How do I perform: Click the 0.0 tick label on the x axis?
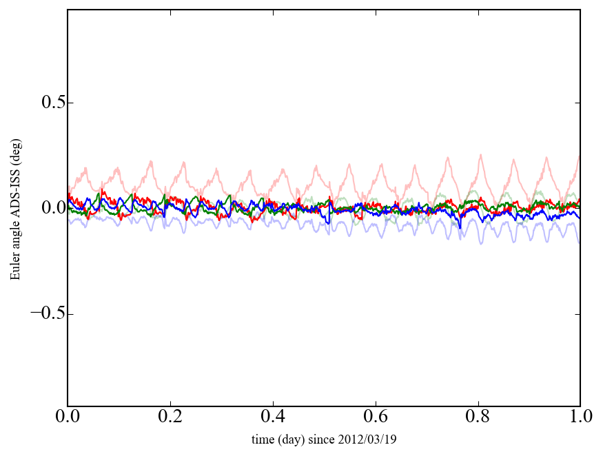pos(68,417)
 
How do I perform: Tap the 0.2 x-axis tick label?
pos(170,417)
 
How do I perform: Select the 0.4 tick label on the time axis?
pos(273,417)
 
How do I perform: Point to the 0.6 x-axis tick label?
pos(376,417)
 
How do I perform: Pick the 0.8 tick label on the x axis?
pos(478,417)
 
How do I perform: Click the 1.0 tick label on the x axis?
pos(580,417)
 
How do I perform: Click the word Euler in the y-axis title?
pos(14,269)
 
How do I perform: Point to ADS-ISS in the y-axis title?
pos(14,195)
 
